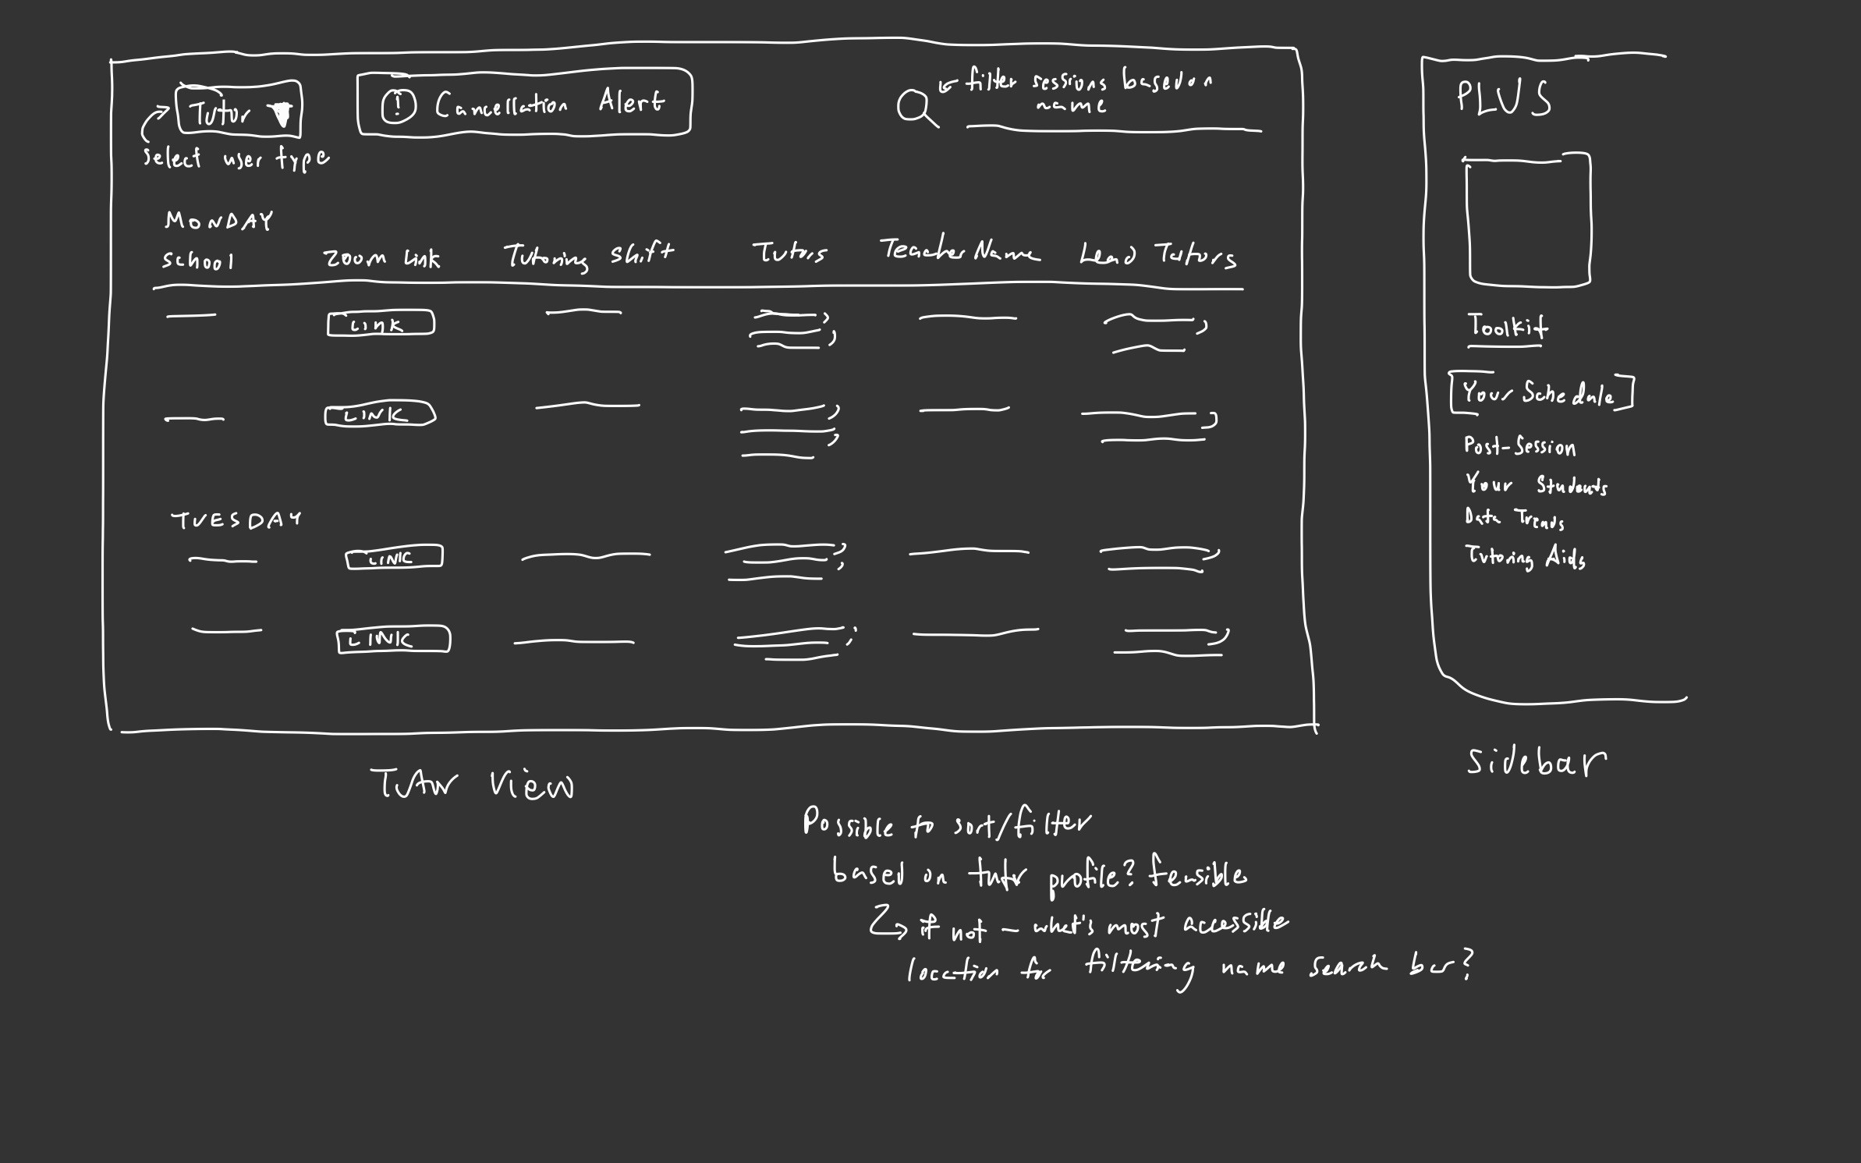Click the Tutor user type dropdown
[238, 110]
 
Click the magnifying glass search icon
[915, 108]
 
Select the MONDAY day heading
[218, 221]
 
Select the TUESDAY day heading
[236, 519]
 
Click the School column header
[197, 261]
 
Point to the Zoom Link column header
[381, 258]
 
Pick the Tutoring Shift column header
[588, 255]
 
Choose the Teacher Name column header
[959, 250]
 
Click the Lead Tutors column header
[1157, 255]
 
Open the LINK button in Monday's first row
[381, 324]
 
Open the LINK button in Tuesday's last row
[393, 640]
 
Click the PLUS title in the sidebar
[1504, 99]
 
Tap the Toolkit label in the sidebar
[1507, 326]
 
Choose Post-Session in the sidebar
[1519, 447]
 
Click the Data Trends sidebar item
[1514, 519]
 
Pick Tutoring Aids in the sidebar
[1524, 557]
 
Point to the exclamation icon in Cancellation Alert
[399, 106]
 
